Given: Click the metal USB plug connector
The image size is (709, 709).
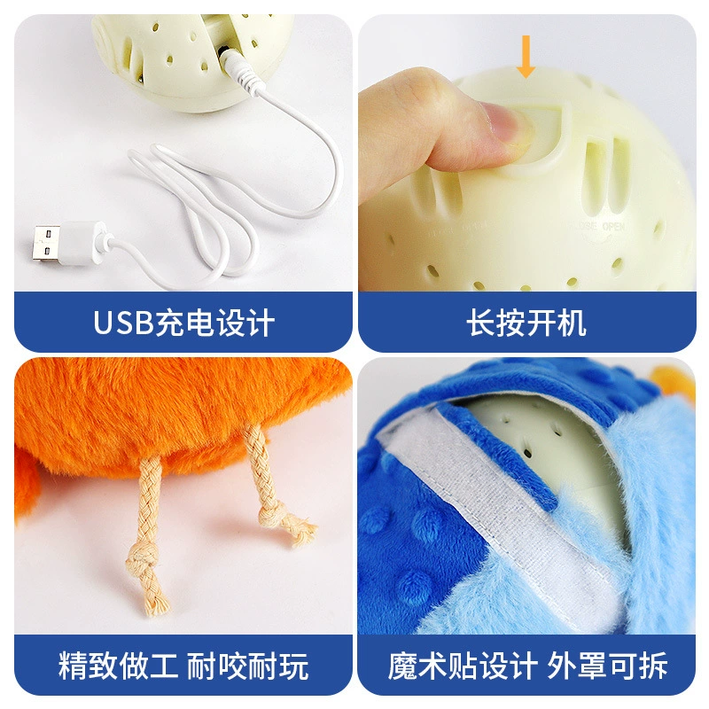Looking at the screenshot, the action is (x=46, y=245).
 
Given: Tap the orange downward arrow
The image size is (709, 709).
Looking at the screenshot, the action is (x=526, y=57).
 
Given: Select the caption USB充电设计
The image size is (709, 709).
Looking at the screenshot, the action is (x=183, y=323).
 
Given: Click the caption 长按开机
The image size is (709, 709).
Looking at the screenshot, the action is (x=526, y=323).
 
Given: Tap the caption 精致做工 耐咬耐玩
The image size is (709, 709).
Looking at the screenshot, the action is (x=183, y=666).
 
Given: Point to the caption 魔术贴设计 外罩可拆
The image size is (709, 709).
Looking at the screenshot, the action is (x=527, y=666).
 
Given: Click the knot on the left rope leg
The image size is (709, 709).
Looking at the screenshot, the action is (x=142, y=557).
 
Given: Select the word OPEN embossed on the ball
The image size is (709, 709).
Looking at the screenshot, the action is (x=613, y=227).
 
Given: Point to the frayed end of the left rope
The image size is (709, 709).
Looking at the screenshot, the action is (x=157, y=599).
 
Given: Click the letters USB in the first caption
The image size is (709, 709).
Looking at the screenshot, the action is (x=123, y=323).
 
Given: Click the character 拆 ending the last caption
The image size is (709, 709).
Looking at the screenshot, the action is (x=653, y=666).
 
